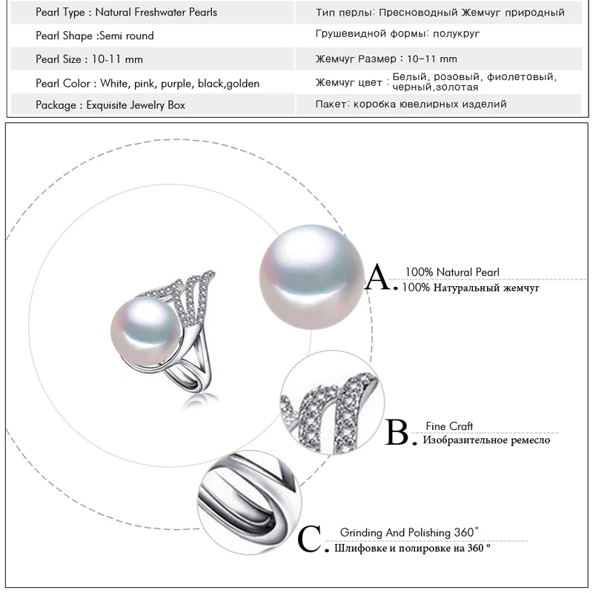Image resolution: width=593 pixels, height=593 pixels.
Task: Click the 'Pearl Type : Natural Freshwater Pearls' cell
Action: [x=127, y=13]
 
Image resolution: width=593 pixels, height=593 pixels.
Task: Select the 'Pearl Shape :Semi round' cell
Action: [x=95, y=36]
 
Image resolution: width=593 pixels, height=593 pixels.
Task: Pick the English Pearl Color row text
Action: [x=148, y=83]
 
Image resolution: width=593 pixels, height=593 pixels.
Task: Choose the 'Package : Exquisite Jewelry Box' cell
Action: [x=110, y=105]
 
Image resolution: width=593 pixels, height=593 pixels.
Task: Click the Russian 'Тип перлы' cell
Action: [x=440, y=13]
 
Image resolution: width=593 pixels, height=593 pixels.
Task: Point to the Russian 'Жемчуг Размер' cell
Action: [x=386, y=59]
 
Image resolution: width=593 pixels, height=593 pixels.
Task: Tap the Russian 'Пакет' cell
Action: [x=411, y=105]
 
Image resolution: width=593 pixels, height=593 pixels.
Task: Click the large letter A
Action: [x=381, y=279]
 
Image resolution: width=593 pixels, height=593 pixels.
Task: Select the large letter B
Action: [x=399, y=433]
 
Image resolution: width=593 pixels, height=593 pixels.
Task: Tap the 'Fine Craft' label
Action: [x=449, y=426]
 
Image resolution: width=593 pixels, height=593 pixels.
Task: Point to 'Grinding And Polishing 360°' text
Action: [x=409, y=532]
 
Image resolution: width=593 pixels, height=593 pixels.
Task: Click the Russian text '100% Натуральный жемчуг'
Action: [x=471, y=287]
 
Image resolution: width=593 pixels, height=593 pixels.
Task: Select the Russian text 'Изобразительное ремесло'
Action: [x=486, y=440]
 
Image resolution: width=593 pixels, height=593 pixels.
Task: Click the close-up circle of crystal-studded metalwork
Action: [x=331, y=403]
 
